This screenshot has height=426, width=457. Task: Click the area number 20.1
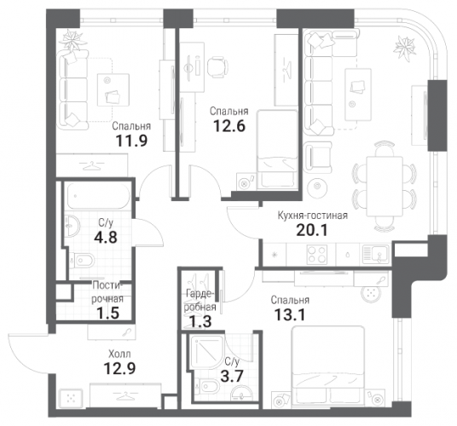[312, 230]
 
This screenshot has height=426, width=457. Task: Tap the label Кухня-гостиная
[313, 216]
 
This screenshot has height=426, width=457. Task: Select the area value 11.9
[132, 141]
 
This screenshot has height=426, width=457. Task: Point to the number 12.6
[229, 126]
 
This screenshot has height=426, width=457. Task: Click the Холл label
[119, 354]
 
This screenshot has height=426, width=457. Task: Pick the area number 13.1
[290, 314]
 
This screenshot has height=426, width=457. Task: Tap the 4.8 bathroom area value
[106, 238]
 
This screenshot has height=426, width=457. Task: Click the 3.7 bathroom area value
[232, 377]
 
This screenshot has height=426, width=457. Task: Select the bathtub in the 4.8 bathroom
[99, 195]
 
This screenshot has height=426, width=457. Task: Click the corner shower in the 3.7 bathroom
[207, 352]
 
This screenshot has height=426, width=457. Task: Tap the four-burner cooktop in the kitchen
[317, 254]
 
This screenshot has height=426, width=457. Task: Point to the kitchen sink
[376, 255]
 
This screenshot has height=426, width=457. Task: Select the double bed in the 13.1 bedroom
[328, 366]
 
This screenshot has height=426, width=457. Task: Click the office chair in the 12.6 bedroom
[217, 66]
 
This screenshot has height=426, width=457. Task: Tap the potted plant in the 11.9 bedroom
[72, 40]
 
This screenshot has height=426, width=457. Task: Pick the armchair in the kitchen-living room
[317, 158]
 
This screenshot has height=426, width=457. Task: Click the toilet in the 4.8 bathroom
[83, 260]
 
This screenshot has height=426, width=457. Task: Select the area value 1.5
[108, 314]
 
